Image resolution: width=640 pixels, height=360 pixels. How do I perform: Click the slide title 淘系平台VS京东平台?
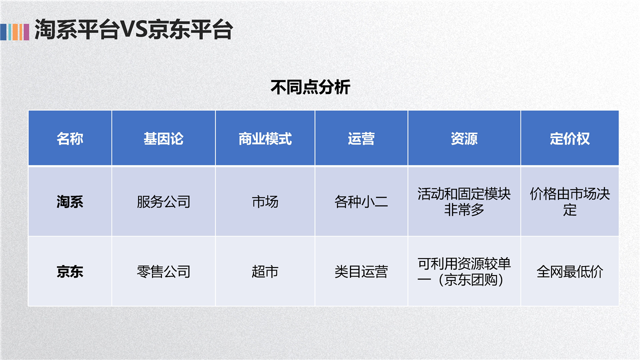pyautogui.click(x=133, y=29)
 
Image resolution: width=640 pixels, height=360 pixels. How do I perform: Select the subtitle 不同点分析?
pyautogui.click(x=310, y=87)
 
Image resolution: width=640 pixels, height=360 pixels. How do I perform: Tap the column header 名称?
pyautogui.click(x=70, y=138)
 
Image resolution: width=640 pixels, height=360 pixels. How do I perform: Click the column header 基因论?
pyautogui.click(x=163, y=138)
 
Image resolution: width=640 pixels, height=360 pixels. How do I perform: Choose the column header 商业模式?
pyautogui.click(x=265, y=138)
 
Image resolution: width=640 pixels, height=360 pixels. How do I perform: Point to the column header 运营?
pyautogui.click(x=361, y=138)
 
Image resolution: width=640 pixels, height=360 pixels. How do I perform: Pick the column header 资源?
pyautogui.click(x=464, y=138)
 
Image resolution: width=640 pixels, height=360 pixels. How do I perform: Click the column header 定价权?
pyautogui.click(x=569, y=138)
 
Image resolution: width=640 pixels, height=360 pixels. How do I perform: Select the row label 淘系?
pyautogui.click(x=70, y=201)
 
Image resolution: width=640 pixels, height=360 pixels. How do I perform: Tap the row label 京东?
pyautogui.click(x=70, y=271)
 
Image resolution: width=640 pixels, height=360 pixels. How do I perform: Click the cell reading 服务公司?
pyautogui.click(x=163, y=201)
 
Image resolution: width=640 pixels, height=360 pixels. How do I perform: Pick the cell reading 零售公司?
pyautogui.click(x=163, y=271)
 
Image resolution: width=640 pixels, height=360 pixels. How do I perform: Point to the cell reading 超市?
pyautogui.click(x=265, y=271)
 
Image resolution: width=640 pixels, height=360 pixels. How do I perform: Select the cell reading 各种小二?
pyautogui.click(x=361, y=201)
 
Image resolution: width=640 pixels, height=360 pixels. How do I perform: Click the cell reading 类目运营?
pyautogui.click(x=361, y=271)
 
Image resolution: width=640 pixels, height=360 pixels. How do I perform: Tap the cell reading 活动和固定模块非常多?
pyautogui.click(x=464, y=201)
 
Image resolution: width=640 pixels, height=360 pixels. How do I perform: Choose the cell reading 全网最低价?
pyautogui.click(x=569, y=271)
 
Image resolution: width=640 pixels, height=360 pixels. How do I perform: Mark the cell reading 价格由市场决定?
pyautogui.click(x=569, y=201)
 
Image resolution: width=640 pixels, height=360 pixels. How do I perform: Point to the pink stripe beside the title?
pyautogui.click(x=26, y=32)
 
